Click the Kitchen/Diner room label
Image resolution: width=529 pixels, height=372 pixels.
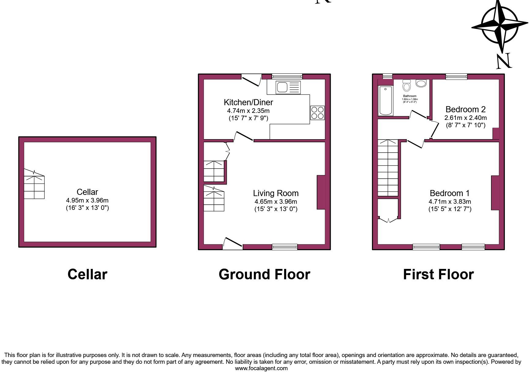point(248,102)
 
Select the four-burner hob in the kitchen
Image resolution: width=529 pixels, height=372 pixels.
point(317,113)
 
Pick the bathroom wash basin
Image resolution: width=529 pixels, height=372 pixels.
point(421,83)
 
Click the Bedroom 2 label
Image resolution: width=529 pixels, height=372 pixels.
point(465,109)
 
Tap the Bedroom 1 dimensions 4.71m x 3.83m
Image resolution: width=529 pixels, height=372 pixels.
point(449,202)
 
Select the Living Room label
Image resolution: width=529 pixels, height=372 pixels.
point(276,193)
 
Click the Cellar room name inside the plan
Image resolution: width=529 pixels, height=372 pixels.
point(87,192)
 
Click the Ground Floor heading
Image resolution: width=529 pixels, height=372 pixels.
point(264,274)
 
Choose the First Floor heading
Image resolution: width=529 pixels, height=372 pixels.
point(438,274)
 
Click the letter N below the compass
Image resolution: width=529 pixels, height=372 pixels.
point(503,61)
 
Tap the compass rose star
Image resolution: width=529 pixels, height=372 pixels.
point(500,24)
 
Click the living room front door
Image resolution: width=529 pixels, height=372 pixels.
point(233,244)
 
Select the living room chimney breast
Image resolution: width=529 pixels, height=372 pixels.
point(321,192)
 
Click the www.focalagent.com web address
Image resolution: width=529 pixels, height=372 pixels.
point(261,368)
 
